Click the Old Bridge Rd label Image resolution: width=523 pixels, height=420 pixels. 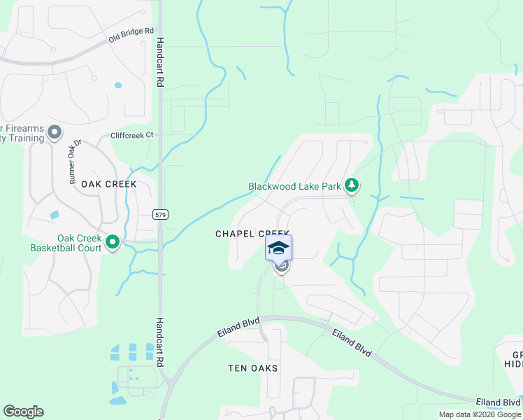coord(130,36)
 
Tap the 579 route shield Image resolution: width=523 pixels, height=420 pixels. coord(160,213)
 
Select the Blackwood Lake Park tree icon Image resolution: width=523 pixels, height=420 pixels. coord(352,185)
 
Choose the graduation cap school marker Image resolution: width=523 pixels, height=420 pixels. coord(278,248)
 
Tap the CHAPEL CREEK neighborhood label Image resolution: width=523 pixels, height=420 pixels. coord(252,234)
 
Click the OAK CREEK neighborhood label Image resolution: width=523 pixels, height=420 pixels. coord(108,184)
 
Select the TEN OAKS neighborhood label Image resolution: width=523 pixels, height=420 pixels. coord(253,368)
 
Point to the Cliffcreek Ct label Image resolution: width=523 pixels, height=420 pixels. coord(131,135)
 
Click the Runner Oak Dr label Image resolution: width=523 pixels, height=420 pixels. coord(76,162)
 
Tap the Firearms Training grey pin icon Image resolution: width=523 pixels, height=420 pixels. coord(55,132)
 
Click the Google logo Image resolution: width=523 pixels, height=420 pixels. coord(23,412)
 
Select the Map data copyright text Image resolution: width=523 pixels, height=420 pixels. coord(480,414)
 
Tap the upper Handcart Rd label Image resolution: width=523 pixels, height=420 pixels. coord(160,62)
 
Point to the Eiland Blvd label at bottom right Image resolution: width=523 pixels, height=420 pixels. coord(498,402)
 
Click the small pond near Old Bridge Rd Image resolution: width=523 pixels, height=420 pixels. coord(117,85)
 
